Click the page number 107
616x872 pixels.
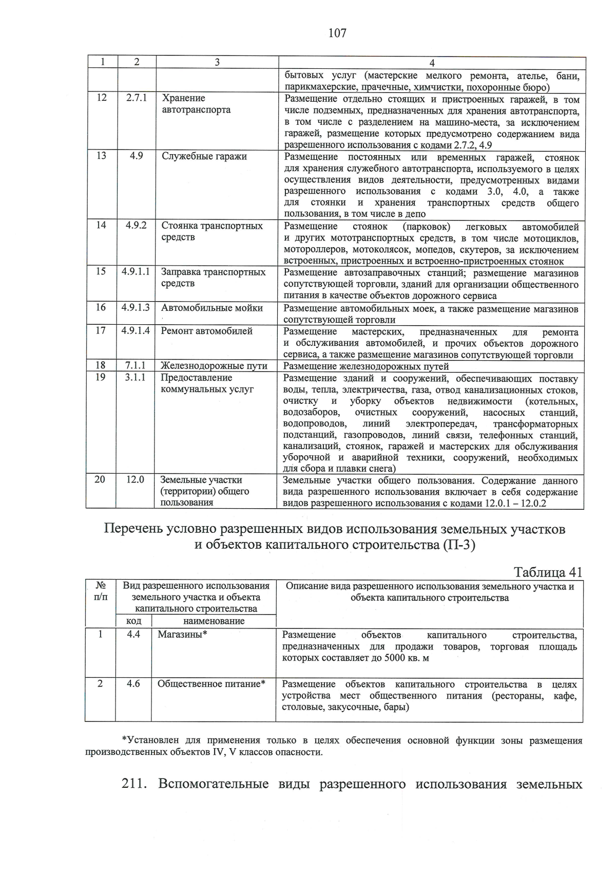click(x=337, y=33)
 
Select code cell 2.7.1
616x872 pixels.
click(x=137, y=98)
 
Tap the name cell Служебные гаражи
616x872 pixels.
click(x=204, y=157)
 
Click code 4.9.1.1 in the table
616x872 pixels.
click(x=136, y=272)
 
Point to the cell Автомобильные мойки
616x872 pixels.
click(x=212, y=308)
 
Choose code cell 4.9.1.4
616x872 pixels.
click(x=136, y=331)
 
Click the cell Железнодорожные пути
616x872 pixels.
click(x=214, y=366)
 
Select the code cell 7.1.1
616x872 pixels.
click(x=136, y=366)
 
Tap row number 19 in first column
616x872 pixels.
click(x=101, y=378)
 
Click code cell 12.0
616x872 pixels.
click(x=136, y=479)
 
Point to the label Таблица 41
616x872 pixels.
click(x=548, y=572)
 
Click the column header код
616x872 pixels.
click(x=133, y=621)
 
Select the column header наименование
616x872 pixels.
click(x=214, y=621)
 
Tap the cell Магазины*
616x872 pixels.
click(x=182, y=635)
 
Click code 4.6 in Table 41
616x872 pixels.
click(x=133, y=684)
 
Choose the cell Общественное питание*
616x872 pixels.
click(x=211, y=684)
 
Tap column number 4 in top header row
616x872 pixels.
click(x=432, y=62)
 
